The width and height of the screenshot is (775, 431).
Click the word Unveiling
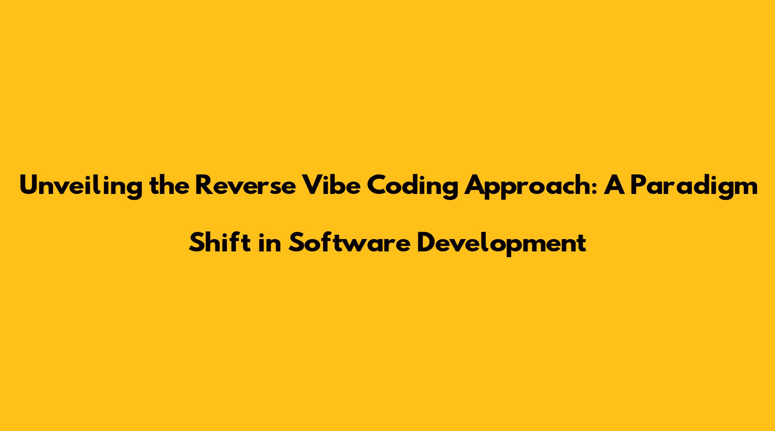point(81,186)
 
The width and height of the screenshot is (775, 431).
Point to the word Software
point(349,243)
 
